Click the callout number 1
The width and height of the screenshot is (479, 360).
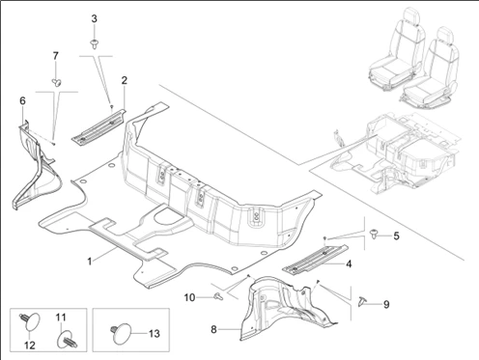pyautogui.click(x=90, y=261)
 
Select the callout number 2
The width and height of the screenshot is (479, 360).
pyautogui.click(x=125, y=80)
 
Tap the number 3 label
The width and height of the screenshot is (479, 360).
pyautogui.click(x=94, y=18)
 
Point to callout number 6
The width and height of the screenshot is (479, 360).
pyautogui.click(x=22, y=100)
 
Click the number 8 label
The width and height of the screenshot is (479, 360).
pyautogui.click(x=213, y=330)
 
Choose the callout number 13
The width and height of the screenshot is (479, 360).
pyautogui.click(x=155, y=334)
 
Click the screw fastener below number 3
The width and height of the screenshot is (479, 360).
pyautogui.click(x=94, y=44)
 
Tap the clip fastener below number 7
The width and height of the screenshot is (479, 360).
pyautogui.click(x=57, y=83)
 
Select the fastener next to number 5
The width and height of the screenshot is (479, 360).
pyautogui.click(x=374, y=234)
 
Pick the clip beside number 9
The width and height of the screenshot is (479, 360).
pyautogui.click(x=362, y=301)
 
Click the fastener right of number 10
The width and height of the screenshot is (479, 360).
pyautogui.click(x=218, y=297)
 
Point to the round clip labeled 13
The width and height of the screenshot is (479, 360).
pyautogui.click(x=122, y=333)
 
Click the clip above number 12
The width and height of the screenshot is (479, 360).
pyautogui.click(x=31, y=320)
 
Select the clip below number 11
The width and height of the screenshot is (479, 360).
pyautogui.click(x=68, y=340)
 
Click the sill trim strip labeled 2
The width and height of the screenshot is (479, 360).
pyautogui.click(x=99, y=126)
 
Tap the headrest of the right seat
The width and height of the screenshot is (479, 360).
pyautogui.click(x=445, y=34)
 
